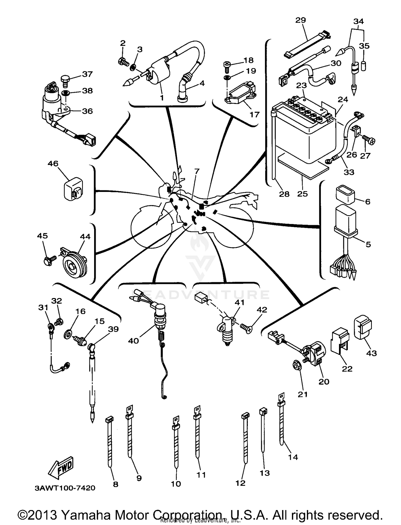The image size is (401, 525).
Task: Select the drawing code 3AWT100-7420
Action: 65,488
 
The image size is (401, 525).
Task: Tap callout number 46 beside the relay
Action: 53,163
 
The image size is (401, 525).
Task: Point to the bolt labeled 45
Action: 49,260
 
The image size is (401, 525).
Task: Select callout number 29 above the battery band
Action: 301,20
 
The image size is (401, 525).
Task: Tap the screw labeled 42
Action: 246,328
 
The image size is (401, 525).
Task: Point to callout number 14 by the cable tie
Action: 293,457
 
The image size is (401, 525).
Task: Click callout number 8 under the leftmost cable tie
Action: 115,484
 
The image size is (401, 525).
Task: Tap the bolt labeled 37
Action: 65,80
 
